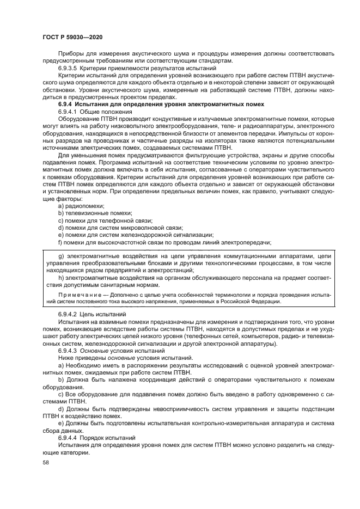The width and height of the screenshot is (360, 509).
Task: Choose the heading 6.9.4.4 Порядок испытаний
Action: pos(95,437)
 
